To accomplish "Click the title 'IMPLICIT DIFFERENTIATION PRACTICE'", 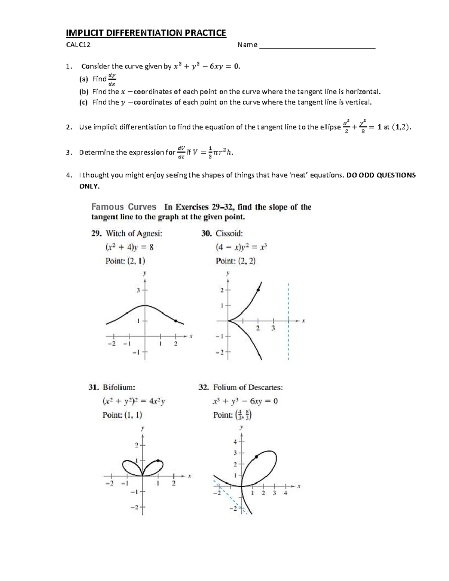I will [146, 33].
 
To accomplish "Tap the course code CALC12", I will [78, 45].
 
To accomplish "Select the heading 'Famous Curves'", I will [124, 207].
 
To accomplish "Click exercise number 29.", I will [96, 233].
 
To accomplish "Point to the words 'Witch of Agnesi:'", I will [134, 233].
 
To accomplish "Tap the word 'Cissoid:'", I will [229, 233].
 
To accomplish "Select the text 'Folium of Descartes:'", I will [248, 387].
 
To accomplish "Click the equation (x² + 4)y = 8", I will [129, 247].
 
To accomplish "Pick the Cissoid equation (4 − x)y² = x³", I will [241, 247].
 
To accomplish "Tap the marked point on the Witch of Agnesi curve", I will [175, 321].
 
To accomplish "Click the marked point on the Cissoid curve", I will [258, 290].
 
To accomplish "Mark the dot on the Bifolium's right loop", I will [158, 461].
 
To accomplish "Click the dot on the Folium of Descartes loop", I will [256, 457].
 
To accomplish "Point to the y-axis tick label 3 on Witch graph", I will [138, 290].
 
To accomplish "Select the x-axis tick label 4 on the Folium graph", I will [285, 493].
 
